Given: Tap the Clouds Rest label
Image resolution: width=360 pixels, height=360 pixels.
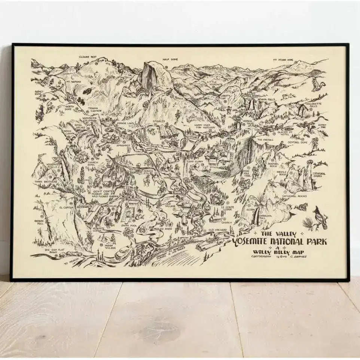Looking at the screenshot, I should click(87, 57).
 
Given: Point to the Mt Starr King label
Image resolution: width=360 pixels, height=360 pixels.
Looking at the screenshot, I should click(282, 59).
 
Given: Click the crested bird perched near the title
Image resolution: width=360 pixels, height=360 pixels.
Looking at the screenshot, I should click(320, 217).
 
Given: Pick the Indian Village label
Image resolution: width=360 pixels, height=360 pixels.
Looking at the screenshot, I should click(110, 246).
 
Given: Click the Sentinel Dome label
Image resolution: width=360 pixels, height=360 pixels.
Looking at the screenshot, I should click(298, 143).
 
